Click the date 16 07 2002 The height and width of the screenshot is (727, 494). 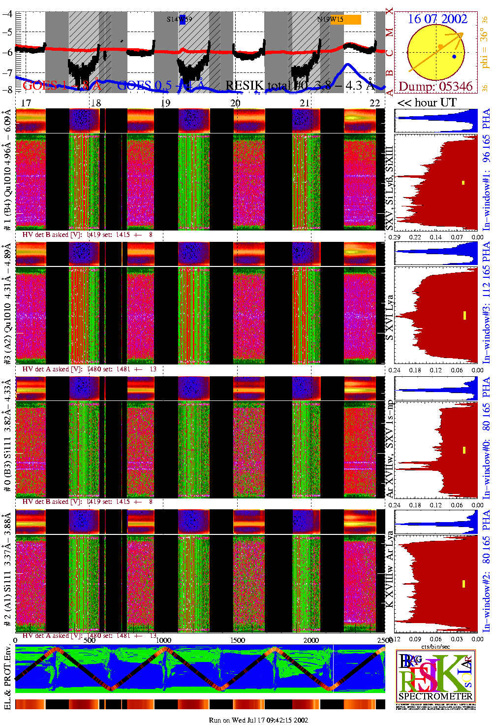tap(437, 19)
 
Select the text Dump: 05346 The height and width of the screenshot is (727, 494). tap(435, 87)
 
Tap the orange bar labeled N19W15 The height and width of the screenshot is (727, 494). tap(345, 20)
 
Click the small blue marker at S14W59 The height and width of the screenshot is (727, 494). tap(183, 20)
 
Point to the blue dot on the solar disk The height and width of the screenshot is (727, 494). tap(454, 57)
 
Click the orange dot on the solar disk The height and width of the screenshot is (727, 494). tap(441, 46)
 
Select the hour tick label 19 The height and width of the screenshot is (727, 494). tap(166, 102)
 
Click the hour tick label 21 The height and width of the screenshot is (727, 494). tap(305, 102)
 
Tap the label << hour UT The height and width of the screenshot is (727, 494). tap(427, 102)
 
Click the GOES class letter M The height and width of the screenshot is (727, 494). tap(390, 33)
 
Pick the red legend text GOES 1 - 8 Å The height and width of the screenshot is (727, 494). tap(62, 86)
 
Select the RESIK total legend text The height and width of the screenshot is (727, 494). tap(298, 86)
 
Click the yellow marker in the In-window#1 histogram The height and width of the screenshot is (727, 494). tap(463, 183)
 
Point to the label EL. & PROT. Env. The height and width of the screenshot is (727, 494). tap(7, 677)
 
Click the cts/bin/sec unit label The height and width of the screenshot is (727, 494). tap(436, 646)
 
